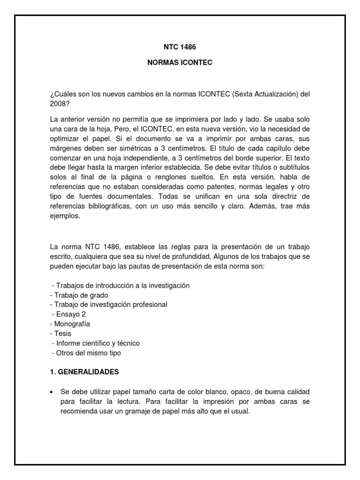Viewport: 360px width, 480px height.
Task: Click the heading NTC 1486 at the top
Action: click(180, 47)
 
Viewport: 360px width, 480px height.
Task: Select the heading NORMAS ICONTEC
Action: click(180, 62)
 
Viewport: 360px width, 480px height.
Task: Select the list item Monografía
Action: click(70, 324)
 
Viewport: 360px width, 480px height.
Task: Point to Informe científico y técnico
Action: click(96, 343)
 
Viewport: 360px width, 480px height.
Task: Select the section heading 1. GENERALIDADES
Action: click(84, 372)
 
